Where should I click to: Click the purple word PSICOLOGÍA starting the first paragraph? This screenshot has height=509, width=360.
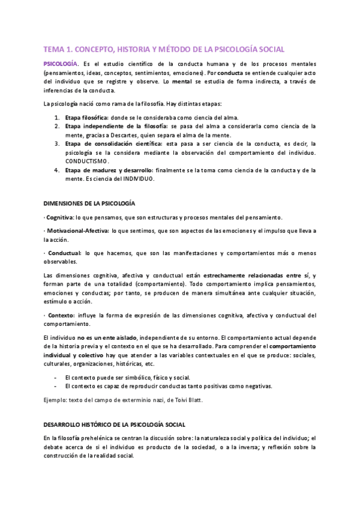(x=60, y=63)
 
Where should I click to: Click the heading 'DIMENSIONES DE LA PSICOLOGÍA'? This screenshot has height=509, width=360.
(x=89, y=203)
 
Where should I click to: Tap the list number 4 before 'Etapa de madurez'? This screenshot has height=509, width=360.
(x=56, y=170)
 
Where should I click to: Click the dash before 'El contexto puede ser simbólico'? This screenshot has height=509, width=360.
(x=55, y=377)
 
